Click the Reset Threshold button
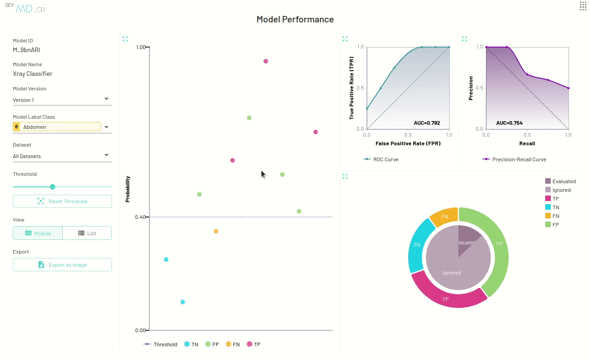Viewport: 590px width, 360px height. point(62,201)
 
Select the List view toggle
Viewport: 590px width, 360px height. point(87,233)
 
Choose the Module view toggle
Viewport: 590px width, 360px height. point(37,233)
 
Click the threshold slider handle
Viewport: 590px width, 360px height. point(53,187)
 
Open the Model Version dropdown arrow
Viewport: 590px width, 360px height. point(106,99)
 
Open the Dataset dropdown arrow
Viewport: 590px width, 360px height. point(106,155)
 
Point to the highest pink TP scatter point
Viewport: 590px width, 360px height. point(266,61)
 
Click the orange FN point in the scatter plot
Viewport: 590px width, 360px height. point(216,231)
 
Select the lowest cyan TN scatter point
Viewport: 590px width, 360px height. point(183,302)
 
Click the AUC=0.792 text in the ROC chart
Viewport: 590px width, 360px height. point(426,123)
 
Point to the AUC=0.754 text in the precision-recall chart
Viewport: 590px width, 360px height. point(509,123)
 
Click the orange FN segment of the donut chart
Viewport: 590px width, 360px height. point(444,217)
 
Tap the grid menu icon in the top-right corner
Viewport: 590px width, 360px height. point(583,5)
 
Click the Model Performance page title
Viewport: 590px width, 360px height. point(295,20)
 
